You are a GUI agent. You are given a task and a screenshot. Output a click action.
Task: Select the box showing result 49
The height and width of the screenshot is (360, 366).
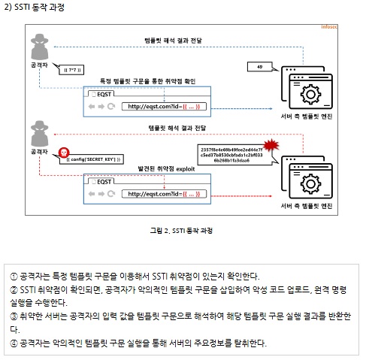(259, 68)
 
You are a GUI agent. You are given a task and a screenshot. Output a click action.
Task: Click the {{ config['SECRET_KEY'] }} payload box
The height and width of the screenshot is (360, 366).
(94, 159)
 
